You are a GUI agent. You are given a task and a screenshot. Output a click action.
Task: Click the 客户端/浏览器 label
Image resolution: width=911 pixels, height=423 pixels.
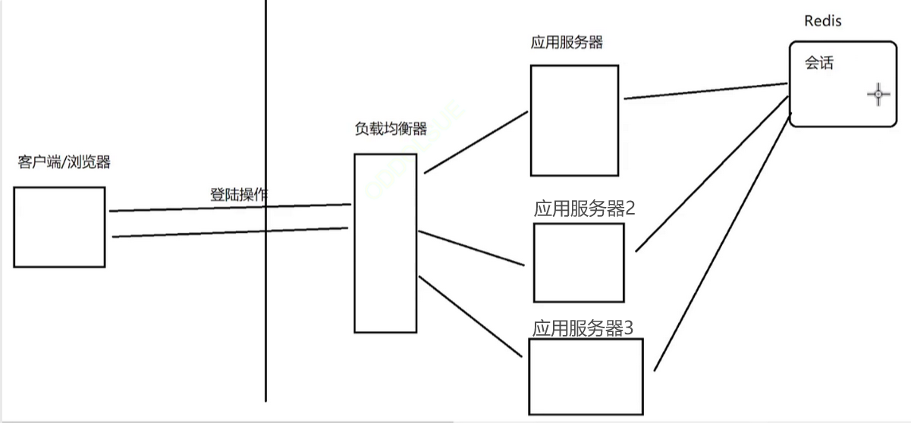[64, 162]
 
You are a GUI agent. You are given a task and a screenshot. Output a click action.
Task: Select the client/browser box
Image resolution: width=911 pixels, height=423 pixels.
[59, 227]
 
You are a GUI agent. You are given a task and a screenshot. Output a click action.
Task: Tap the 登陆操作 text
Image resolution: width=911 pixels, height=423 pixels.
[238, 194]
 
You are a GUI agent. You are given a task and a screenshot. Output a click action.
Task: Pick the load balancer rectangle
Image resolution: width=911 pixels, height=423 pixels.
[385, 243]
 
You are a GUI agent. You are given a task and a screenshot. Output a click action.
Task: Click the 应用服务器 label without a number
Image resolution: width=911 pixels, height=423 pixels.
[567, 42]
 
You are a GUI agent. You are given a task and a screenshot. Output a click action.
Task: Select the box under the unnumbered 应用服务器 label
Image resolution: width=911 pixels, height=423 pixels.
[574, 121]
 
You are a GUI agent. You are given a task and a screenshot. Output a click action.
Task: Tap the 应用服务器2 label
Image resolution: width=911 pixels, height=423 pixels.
[584, 209]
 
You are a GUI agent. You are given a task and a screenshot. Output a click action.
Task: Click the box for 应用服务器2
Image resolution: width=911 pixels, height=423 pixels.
[579, 262]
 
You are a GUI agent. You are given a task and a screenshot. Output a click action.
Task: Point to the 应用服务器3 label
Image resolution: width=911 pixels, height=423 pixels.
[583, 328]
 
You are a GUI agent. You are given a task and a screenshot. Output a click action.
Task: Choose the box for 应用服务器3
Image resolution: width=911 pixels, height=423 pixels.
[586, 376]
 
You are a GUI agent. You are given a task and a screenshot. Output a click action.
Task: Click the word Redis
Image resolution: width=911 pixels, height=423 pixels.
[823, 21]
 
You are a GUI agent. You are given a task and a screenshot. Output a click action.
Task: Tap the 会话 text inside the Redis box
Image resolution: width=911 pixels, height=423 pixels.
[819, 64]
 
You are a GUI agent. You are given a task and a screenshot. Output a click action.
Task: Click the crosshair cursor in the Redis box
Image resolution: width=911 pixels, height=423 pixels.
[878, 95]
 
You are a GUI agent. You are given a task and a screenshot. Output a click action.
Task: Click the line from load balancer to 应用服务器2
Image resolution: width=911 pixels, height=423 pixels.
[470, 248]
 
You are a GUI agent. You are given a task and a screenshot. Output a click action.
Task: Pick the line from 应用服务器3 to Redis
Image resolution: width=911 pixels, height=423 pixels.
[717, 243]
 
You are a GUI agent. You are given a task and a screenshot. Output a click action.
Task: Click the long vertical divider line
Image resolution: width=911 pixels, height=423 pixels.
[266, 303]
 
